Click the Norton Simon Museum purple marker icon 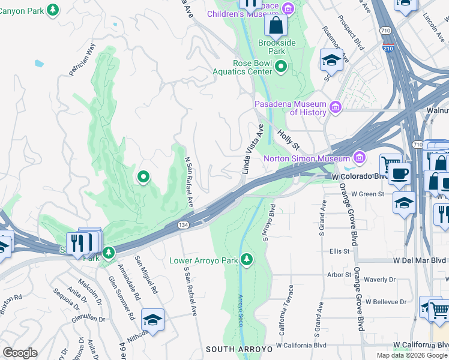point(360,158)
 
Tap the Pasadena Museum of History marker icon point(335,108)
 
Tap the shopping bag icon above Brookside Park point(276,25)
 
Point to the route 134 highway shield point(182,224)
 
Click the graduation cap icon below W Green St point(405,202)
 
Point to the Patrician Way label point(82,59)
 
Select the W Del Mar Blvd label point(420,260)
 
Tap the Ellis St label point(339,251)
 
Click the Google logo point(20,353)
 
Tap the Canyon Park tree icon point(53,10)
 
